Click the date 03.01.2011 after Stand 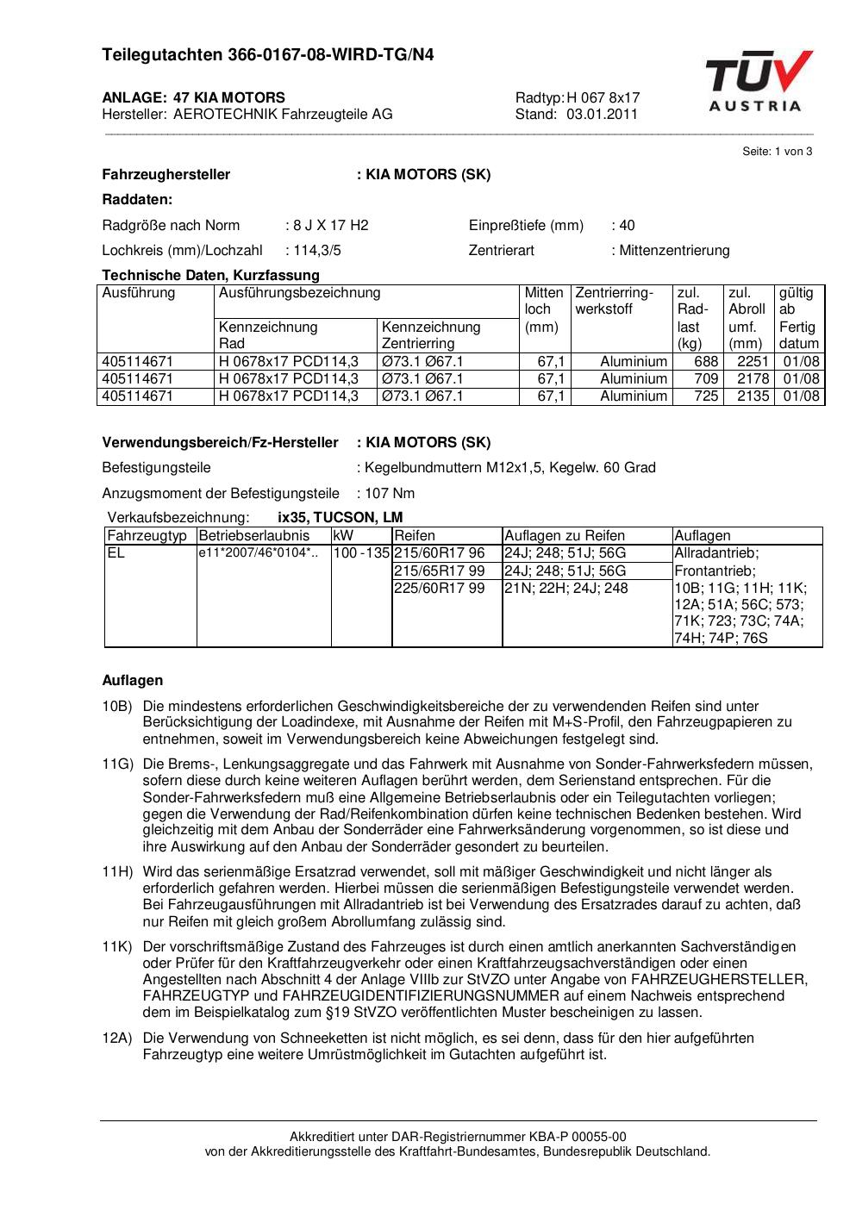[602, 114]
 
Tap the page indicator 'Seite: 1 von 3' [777, 151]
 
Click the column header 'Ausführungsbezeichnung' [299, 292]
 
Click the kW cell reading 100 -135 [361, 552]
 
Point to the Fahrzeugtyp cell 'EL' [116, 552]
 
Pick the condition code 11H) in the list [117, 871]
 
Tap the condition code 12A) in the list [117, 1038]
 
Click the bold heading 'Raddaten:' [137, 199]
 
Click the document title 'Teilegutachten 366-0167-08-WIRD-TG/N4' [268, 55]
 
